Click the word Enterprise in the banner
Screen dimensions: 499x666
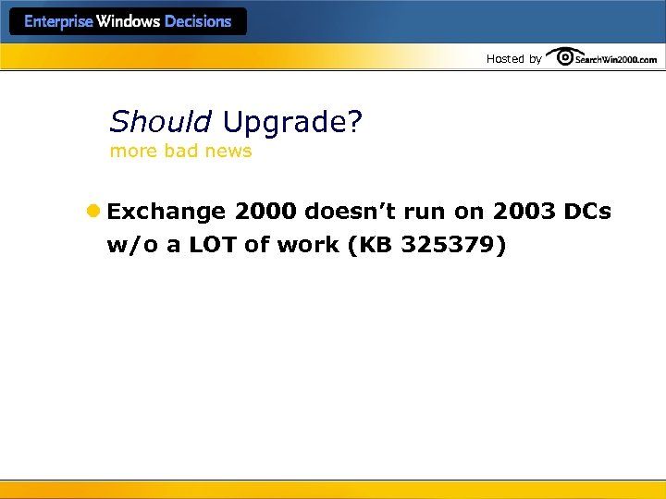pyautogui.click(x=58, y=22)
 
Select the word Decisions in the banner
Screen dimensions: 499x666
pyautogui.click(x=197, y=22)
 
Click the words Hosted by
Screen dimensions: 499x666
pyautogui.click(x=514, y=59)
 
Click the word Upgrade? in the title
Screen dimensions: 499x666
pyautogui.click(x=292, y=122)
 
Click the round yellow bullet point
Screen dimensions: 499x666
pyautogui.click(x=92, y=212)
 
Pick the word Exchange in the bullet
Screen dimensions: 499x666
pyautogui.click(x=166, y=212)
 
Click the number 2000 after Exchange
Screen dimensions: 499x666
pyautogui.click(x=266, y=212)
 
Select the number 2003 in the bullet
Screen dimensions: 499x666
pyautogui.click(x=524, y=212)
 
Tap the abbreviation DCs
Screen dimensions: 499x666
pyautogui.click(x=587, y=212)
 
